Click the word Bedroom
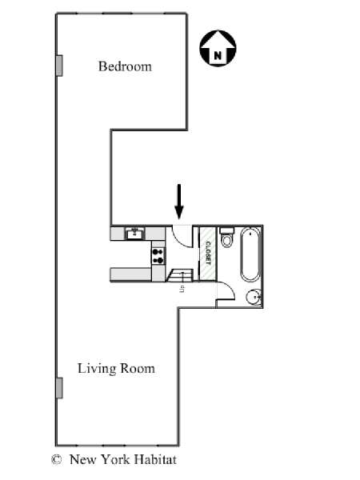pyautogui.click(x=125, y=66)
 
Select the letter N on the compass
pyautogui.click(x=218, y=55)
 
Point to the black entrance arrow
pyautogui.click(x=179, y=202)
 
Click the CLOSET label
pyautogui.click(x=208, y=254)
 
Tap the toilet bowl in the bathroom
pyautogui.click(x=227, y=241)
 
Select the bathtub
pyautogui.click(x=250, y=254)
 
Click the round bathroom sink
pyautogui.click(x=254, y=297)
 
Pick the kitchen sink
pyautogui.click(x=134, y=234)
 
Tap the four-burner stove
pyautogui.click(x=158, y=256)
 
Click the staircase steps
pyautogui.click(x=180, y=275)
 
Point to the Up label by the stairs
pyautogui.click(x=182, y=289)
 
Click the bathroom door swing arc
pyautogui.click(x=229, y=288)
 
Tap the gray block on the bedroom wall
pyautogui.click(x=59, y=66)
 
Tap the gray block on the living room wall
pyautogui.click(x=59, y=388)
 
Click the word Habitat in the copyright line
pyautogui.click(x=155, y=459)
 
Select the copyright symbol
pyautogui.click(x=56, y=459)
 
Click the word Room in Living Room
pyautogui.click(x=137, y=369)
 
